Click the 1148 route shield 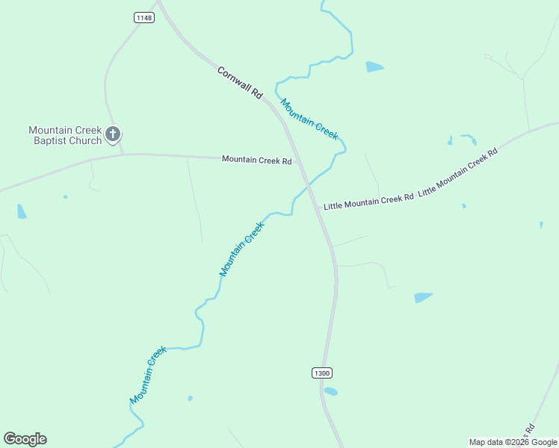pyautogui.click(x=145, y=18)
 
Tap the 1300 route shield pyautogui.click(x=321, y=373)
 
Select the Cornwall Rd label pyautogui.click(x=240, y=83)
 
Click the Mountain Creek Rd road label pyautogui.click(x=256, y=160)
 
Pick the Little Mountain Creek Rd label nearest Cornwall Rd pyautogui.click(x=368, y=200)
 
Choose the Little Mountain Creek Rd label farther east pyautogui.click(x=458, y=172)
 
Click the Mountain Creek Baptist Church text pyautogui.click(x=65, y=135)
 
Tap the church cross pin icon pyautogui.click(x=113, y=134)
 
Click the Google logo pyautogui.click(x=25, y=439)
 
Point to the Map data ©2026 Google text pyautogui.click(x=513, y=442)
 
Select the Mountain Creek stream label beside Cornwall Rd pyautogui.click(x=309, y=119)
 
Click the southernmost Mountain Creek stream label pyautogui.click(x=147, y=376)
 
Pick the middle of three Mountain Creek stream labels pyautogui.click(x=241, y=249)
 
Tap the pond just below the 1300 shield pyautogui.click(x=330, y=391)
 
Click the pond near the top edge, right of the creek pyautogui.click(x=374, y=67)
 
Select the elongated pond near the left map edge pyautogui.click(x=22, y=211)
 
